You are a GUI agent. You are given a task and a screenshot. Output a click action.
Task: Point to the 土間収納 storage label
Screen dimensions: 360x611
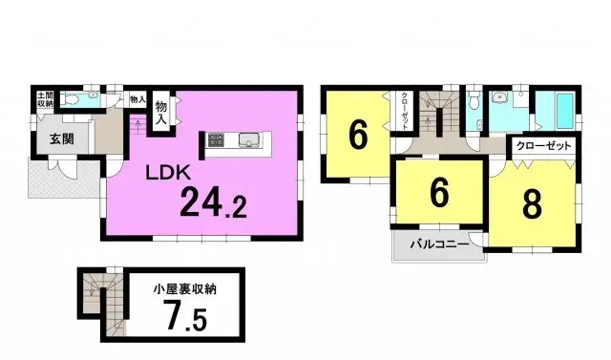pyautogui.click(x=44, y=99)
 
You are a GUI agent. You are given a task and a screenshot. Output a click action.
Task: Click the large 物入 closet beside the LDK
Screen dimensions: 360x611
pyautogui.click(x=161, y=114)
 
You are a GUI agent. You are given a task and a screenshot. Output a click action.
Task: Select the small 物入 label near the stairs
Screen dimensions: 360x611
pyautogui.click(x=136, y=99)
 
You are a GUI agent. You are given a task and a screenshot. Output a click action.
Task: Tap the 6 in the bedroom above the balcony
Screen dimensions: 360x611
pyautogui.click(x=438, y=194)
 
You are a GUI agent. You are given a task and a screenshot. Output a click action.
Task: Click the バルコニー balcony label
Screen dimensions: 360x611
pyautogui.click(x=438, y=244)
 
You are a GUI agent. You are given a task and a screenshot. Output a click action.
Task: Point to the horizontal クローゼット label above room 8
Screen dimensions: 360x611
pyautogui.click(x=543, y=146)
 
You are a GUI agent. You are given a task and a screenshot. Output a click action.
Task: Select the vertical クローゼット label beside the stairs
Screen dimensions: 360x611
pyautogui.click(x=405, y=115)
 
